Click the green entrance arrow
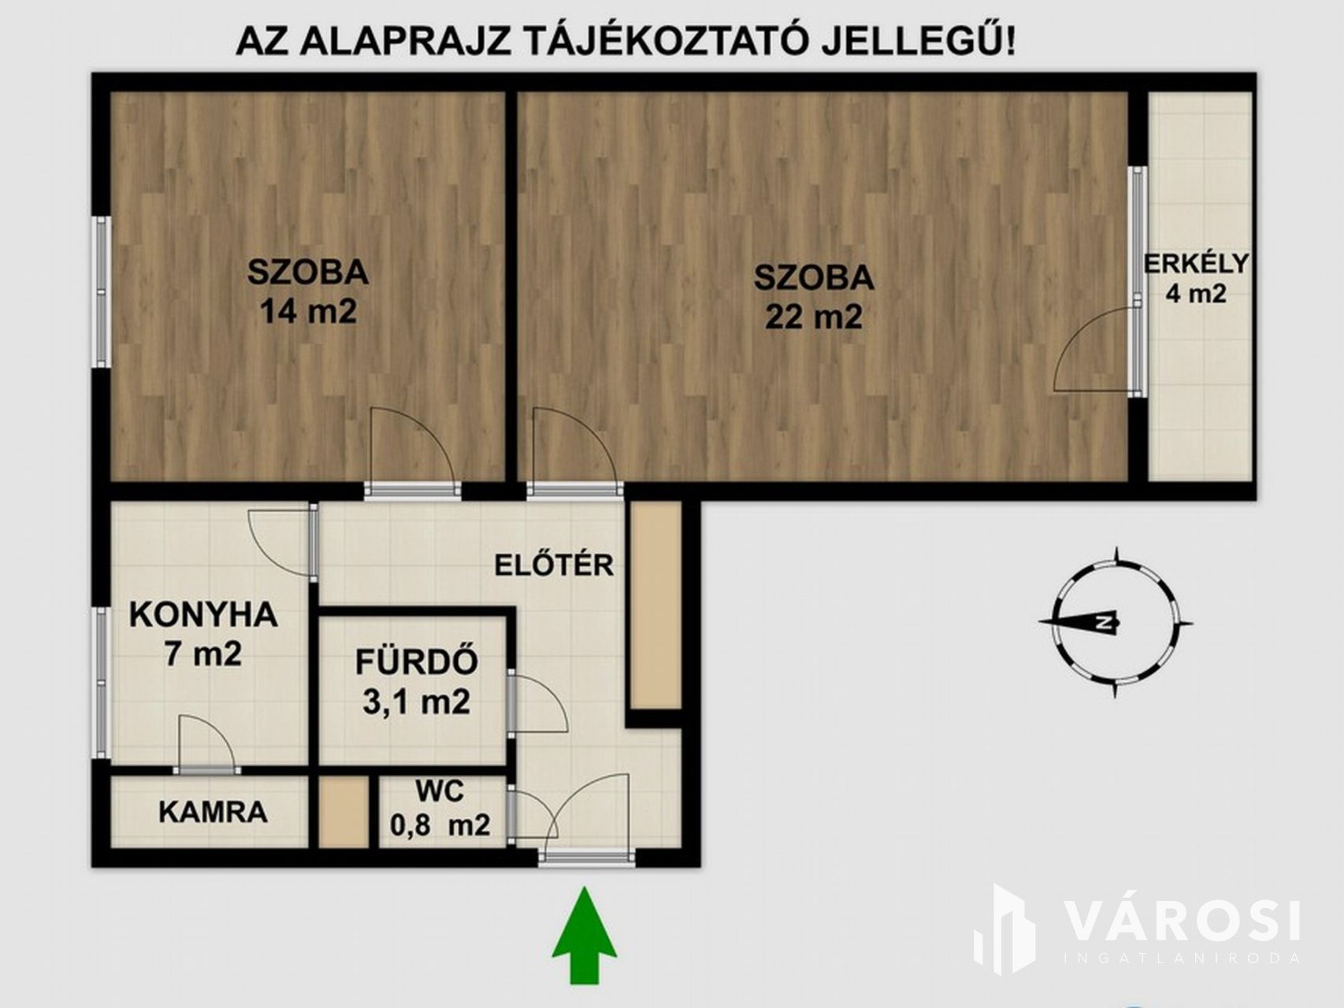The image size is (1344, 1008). click(x=585, y=935)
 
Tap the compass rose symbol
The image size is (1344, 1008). click(x=1115, y=622)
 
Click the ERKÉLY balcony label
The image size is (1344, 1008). click(x=1197, y=263)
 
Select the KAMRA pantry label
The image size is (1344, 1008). click(x=213, y=812)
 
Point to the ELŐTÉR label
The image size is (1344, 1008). click(x=554, y=565)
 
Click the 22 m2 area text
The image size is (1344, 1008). click(x=814, y=317)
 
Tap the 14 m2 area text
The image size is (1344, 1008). click(x=308, y=311)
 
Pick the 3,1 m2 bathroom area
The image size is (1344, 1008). click(x=416, y=701)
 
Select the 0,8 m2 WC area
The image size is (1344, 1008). click(x=440, y=825)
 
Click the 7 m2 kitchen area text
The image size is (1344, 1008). click(x=202, y=654)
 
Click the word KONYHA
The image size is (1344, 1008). click(x=203, y=614)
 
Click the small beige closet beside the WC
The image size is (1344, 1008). click(x=344, y=812)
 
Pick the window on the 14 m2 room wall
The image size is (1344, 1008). click(x=102, y=291)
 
